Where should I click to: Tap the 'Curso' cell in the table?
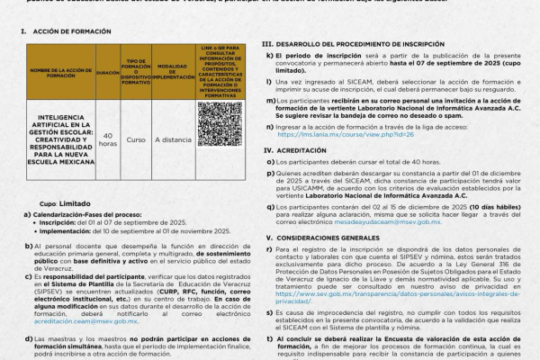(137, 139)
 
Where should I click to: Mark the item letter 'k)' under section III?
(270, 56)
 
